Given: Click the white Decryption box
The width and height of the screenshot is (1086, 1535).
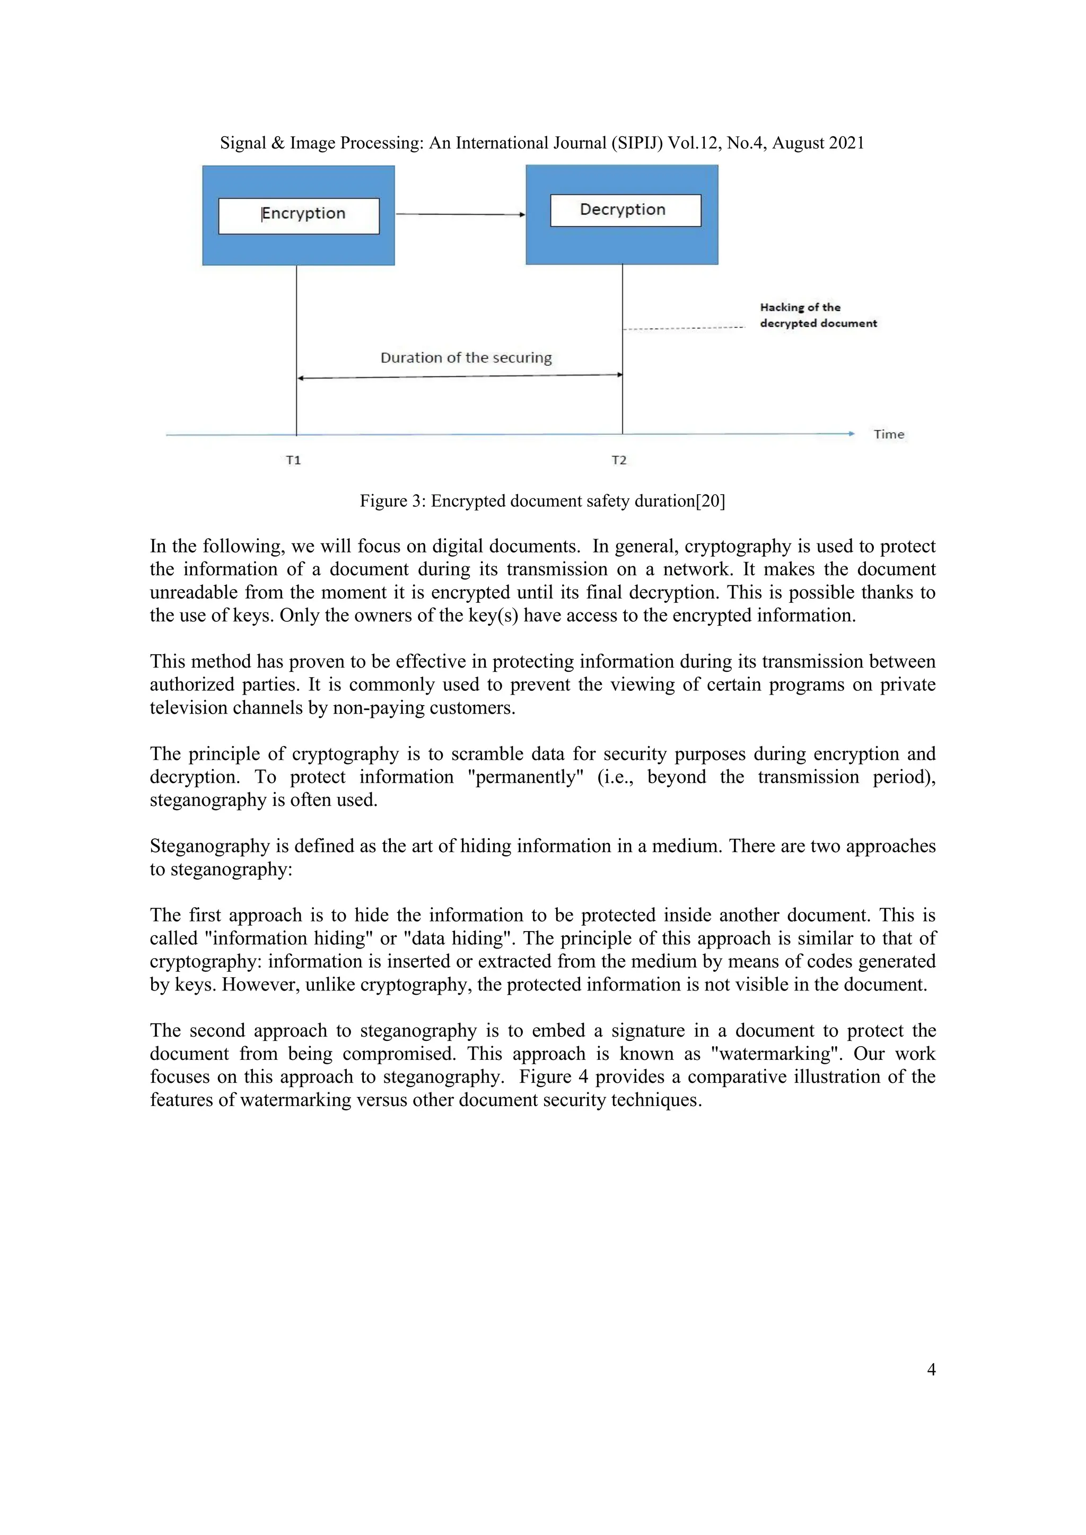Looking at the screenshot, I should click(625, 210).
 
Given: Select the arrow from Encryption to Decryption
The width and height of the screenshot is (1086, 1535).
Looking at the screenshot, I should click(460, 215).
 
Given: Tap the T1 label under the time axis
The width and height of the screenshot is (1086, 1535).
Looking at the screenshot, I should click(294, 460).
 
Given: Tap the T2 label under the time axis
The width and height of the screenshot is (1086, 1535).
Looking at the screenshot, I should click(619, 460).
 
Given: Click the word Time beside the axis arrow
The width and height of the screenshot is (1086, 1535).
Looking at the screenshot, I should click(889, 435).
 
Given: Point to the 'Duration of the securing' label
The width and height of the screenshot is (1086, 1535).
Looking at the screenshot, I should click(466, 358).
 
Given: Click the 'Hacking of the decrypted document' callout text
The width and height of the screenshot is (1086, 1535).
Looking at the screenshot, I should click(817, 315).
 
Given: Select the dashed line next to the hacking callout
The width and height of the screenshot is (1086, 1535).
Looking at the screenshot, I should click(684, 328).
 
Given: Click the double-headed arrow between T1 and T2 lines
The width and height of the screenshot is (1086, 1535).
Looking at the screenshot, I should click(460, 376).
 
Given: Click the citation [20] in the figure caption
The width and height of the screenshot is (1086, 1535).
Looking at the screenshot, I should click(710, 501).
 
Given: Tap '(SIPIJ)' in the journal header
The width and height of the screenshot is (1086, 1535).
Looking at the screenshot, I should click(636, 143).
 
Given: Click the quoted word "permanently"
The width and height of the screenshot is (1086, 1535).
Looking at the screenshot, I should click(525, 777).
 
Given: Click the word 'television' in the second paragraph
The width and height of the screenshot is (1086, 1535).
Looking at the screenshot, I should click(189, 707).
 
